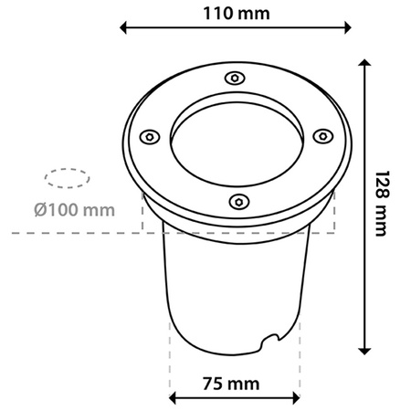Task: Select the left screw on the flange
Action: [x=146, y=137]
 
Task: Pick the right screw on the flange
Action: [x=321, y=135]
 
